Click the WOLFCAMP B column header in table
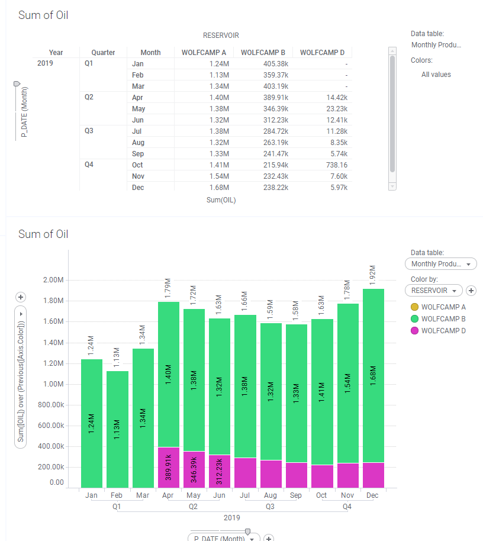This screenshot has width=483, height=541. (x=263, y=53)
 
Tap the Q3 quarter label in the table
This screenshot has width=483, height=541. (x=89, y=131)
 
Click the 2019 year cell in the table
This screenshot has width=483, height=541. (x=44, y=63)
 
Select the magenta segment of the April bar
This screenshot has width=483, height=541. (x=169, y=467)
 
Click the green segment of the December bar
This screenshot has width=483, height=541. (x=372, y=375)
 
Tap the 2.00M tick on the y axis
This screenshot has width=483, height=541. (x=53, y=280)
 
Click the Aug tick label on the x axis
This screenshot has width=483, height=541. (x=271, y=495)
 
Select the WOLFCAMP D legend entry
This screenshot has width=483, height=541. (x=443, y=331)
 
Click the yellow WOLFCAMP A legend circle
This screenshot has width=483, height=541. (x=414, y=307)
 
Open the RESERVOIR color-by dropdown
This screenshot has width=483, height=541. (x=433, y=291)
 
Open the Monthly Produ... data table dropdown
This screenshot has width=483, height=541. (x=440, y=264)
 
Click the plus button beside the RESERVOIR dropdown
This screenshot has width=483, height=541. (x=471, y=291)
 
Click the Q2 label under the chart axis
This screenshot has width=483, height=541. (x=193, y=507)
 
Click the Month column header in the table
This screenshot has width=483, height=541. (x=150, y=53)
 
